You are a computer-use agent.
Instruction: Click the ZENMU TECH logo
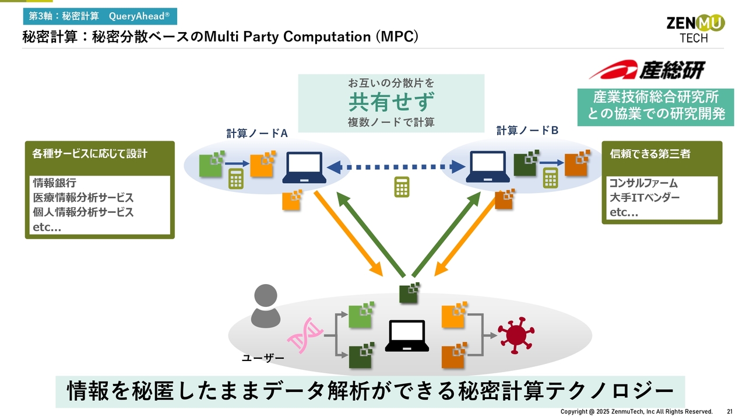point(695,29)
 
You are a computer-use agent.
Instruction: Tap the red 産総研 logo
point(647,69)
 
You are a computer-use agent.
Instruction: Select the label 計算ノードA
point(257,134)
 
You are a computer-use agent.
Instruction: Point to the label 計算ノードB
point(527,130)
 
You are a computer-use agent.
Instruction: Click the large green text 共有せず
point(391,102)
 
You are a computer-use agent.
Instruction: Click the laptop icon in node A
point(304,167)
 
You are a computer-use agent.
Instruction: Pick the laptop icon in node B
point(488,167)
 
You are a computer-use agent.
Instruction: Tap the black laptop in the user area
point(407,335)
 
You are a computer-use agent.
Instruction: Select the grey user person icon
point(265,306)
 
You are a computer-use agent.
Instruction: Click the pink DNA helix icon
point(305,335)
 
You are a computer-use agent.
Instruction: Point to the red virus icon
point(516,335)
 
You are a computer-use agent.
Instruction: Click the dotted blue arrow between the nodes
point(396,167)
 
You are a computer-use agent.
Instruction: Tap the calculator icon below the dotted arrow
point(402,187)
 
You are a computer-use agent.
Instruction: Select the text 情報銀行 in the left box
point(55,183)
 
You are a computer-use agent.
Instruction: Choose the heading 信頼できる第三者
point(650,153)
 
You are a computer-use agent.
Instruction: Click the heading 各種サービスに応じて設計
point(90,153)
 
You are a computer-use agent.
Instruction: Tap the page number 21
point(730,412)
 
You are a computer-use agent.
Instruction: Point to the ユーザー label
point(263,358)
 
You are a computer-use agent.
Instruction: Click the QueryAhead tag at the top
point(100,16)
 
